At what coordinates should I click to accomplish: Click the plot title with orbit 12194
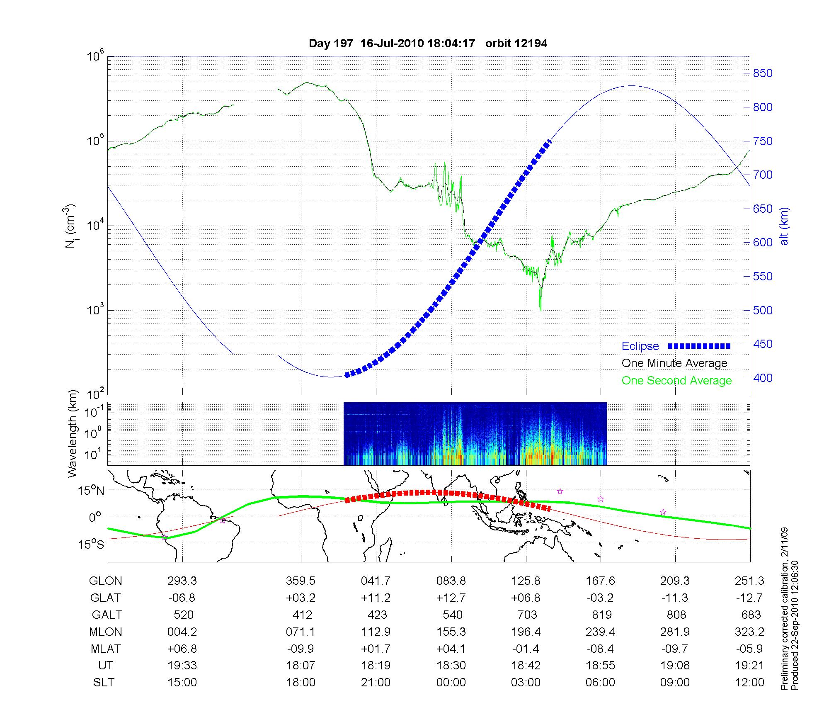point(428,44)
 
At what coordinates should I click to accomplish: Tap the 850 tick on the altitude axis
point(763,73)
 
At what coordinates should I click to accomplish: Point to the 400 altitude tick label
point(763,378)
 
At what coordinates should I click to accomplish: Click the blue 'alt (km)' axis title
point(784,232)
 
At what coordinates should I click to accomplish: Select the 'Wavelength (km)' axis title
point(73,433)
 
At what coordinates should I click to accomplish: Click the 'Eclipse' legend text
point(640,346)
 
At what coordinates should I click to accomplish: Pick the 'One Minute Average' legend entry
point(674,363)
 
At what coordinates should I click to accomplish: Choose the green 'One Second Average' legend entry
point(676,381)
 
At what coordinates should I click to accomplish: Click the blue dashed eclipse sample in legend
point(699,346)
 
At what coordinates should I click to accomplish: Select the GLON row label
point(105,581)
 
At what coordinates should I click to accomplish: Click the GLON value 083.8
point(451,581)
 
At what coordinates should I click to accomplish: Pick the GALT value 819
point(601,615)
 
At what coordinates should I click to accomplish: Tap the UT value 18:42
point(526,665)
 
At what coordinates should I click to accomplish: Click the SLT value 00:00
point(451,682)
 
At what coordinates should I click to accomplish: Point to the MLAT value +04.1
point(451,649)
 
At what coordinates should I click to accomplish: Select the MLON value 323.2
point(749,632)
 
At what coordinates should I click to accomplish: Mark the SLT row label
point(104,682)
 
